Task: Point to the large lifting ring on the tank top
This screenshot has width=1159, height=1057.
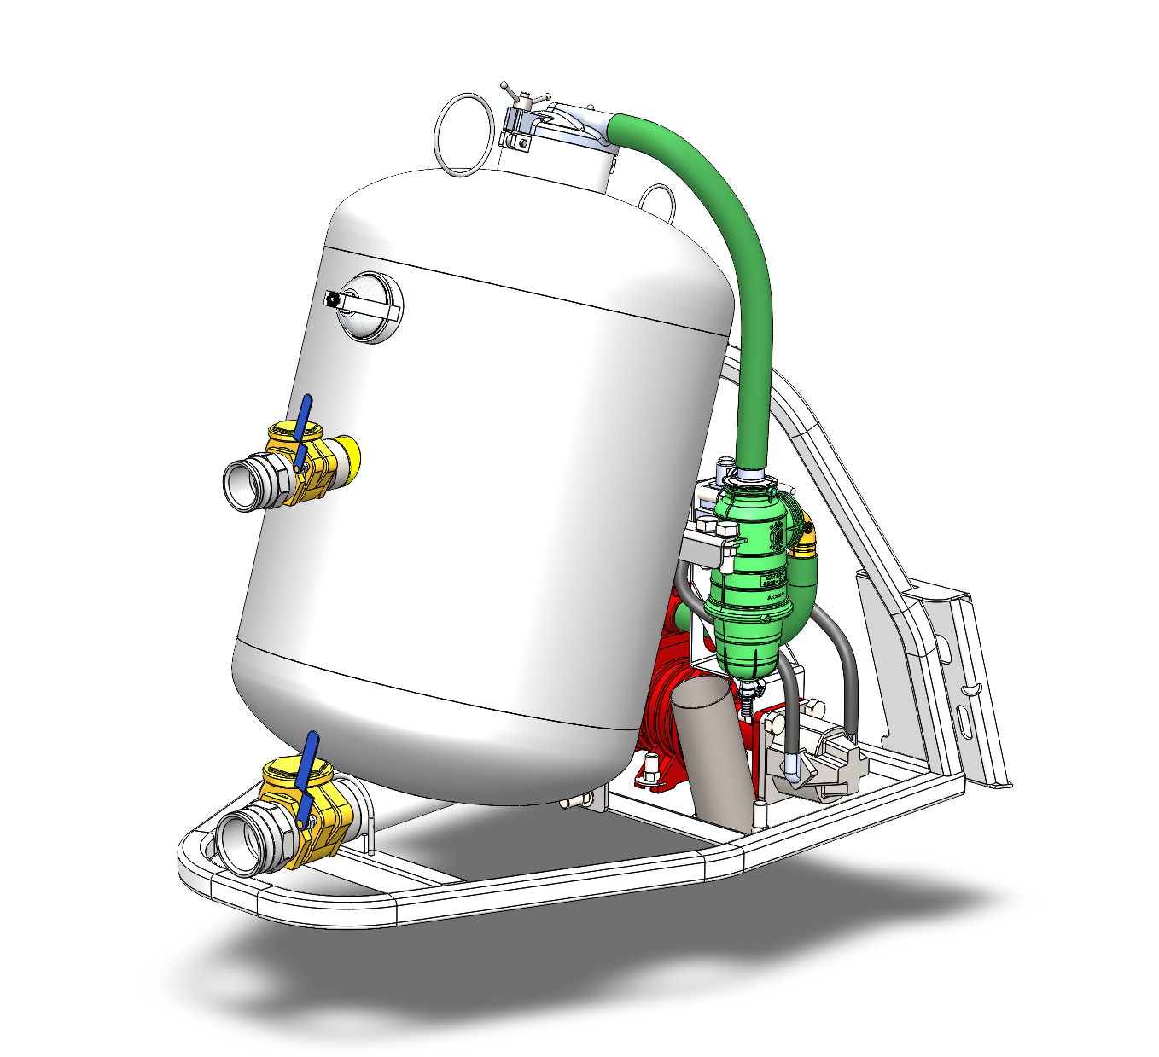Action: point(463,134)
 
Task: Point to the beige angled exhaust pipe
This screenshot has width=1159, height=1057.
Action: point(708,751)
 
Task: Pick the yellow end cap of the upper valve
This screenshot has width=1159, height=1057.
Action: point(349,456)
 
